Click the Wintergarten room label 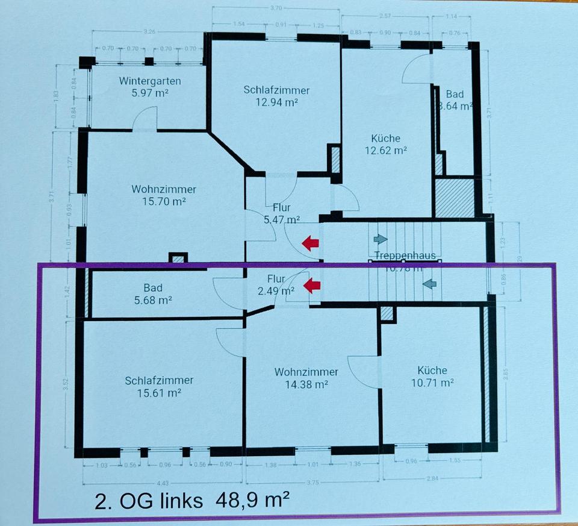(x=150, y=81)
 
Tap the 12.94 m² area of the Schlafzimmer (x=276, y=102)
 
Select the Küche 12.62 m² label (x=386, y=150)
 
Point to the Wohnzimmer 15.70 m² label (x=164, y=201)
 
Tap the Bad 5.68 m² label (x=153, y=293)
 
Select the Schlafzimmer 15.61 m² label (x=159, y=386)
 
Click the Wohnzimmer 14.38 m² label (x=305, y=377)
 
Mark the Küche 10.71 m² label (x=432, y=376)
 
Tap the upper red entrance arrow (x=310, y=243)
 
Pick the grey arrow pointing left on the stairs (x=428, y=283)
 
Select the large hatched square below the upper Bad (x=455, y=198)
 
